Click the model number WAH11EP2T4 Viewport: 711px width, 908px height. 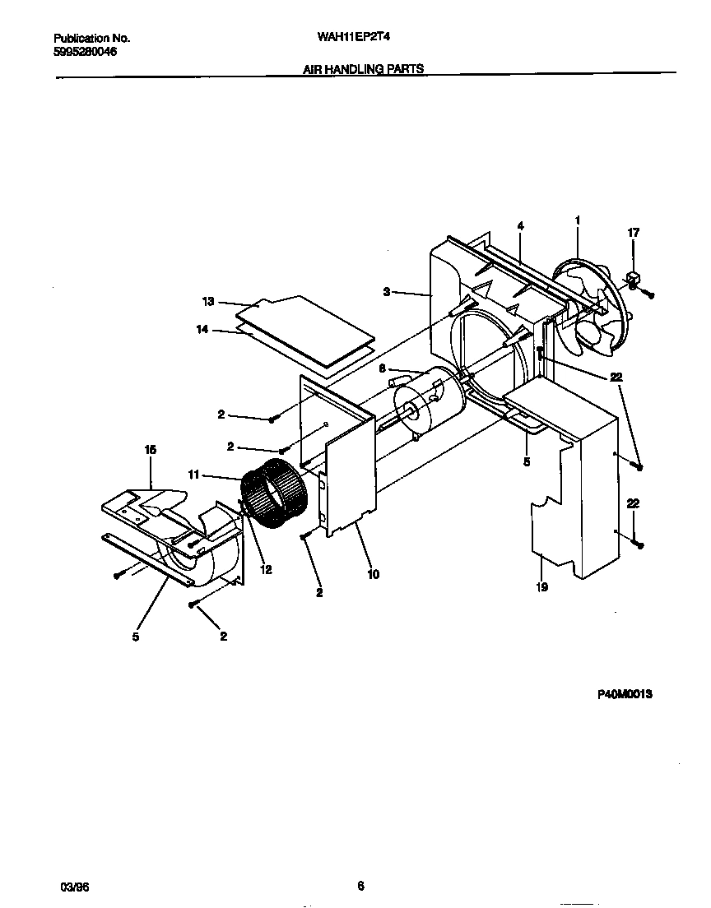coord(342,38)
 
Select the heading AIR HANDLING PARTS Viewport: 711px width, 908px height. coord(363,70)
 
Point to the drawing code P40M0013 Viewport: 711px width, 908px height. coord(625,694)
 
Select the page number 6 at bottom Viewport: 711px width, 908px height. coord(360,886)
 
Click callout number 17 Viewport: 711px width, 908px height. coord(633,234)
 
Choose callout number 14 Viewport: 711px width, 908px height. coord(202,330)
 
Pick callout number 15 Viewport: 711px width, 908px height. coord(151,450)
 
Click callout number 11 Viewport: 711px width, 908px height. coord(194,475)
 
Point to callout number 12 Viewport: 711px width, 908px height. coord(266,569)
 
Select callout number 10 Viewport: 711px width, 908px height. coord(373,574)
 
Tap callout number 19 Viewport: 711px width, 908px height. coord(541,587)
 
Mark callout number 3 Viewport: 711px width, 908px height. coord(385,291)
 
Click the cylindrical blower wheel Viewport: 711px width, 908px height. coord(275,498)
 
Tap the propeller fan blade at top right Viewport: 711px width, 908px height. coord(591,308)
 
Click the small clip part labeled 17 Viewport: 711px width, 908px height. coord(634,280)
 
